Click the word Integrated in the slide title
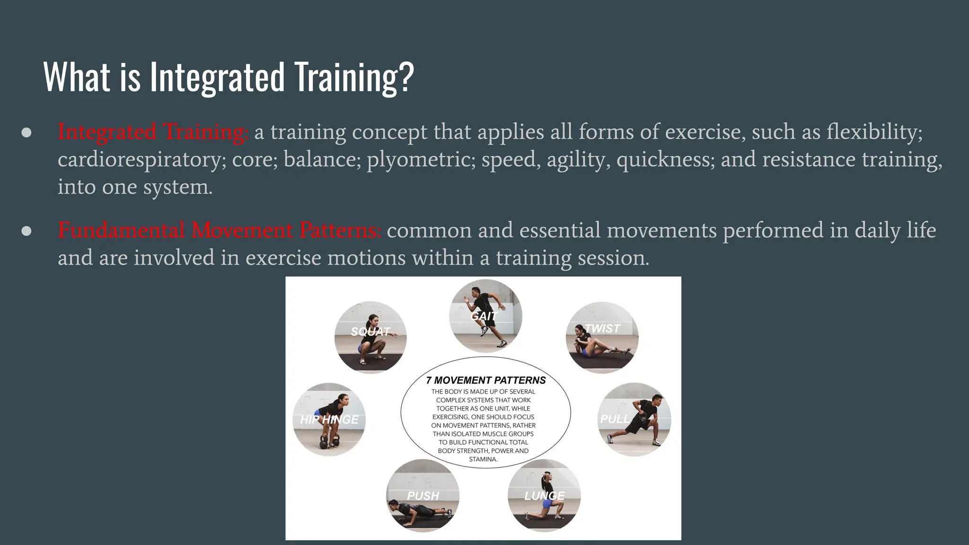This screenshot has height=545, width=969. (218, 77)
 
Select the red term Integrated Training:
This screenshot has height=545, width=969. (153, 132)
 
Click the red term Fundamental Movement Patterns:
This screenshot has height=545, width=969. (219, 230)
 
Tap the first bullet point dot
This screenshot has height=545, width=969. (26, 132)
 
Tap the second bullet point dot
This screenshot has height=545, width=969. (26, 231)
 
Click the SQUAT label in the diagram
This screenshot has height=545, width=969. (370, 332)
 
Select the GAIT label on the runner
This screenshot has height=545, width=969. (484, 316)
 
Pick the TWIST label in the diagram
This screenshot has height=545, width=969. (602, 328)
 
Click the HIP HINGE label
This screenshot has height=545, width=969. (329, 420)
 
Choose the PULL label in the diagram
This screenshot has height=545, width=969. (615, 419)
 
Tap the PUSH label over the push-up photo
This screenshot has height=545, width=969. (423, 496)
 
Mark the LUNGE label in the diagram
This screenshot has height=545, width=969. (544, 496)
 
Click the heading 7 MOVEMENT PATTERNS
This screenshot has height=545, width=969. (485, 380)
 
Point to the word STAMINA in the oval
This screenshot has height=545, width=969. (483, 459)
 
